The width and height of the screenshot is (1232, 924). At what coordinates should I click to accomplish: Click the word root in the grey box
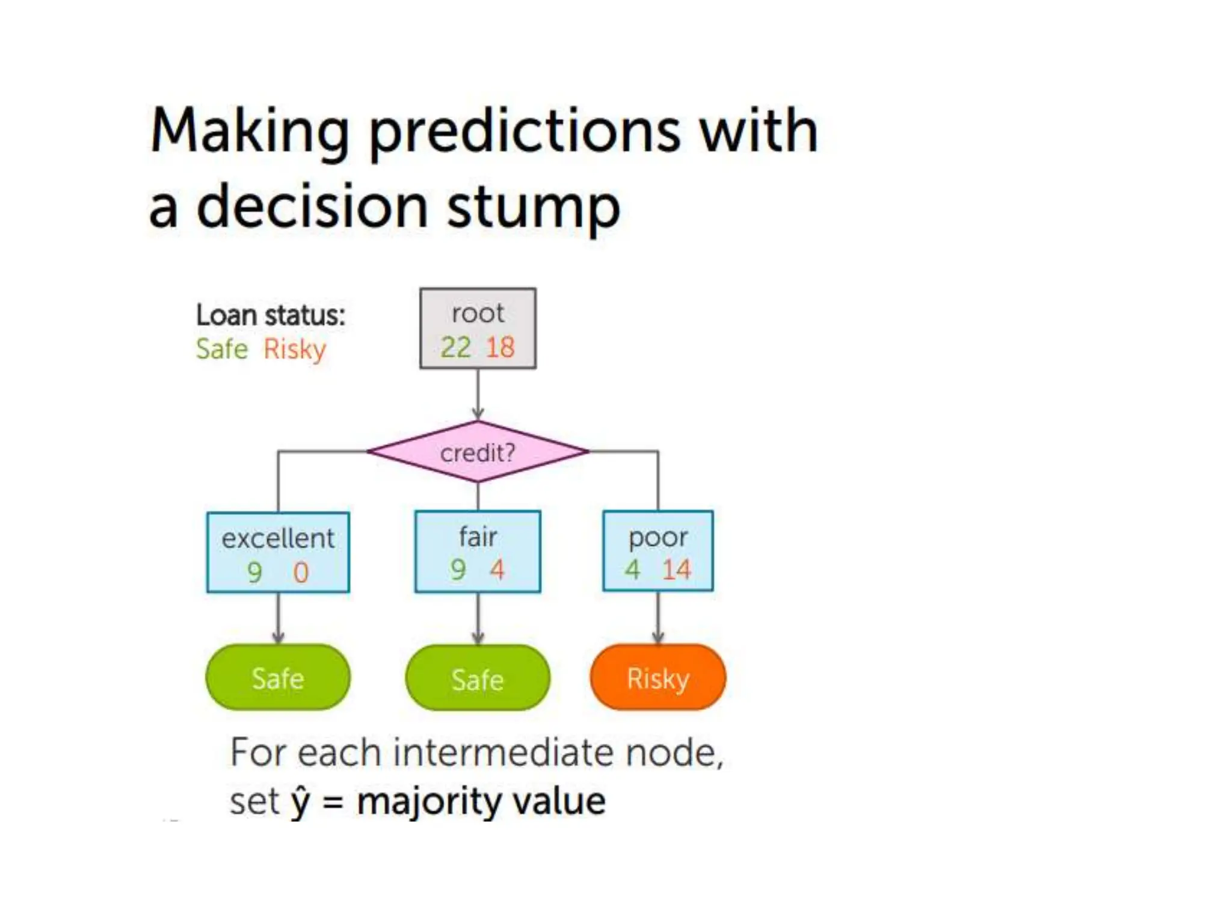pos(478,313)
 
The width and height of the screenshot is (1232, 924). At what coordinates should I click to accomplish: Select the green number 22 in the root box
pos(455,348)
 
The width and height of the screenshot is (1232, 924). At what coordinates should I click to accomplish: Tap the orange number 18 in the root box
pos(500,348)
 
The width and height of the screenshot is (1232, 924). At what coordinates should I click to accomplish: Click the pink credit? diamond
pos(478,452)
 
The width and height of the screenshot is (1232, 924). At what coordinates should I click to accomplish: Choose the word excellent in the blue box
pos(278,538)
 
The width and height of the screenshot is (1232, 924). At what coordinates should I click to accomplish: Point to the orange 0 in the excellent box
pos(301,572)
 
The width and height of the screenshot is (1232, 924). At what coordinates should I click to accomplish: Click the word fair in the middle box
pos(478,537)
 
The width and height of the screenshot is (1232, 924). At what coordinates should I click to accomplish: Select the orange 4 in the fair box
pos(497,569)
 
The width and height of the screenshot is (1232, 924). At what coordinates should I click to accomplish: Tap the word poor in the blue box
pos(658,537)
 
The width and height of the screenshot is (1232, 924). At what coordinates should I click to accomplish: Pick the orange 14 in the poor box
pos(677,569)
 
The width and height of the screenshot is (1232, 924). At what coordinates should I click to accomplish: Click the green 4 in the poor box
pos(632,569)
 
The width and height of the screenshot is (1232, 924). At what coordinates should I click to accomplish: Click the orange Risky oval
pos(658,678)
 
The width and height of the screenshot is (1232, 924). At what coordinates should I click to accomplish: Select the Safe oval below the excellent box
pos(278,678)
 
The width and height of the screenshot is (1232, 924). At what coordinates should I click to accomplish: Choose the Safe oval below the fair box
pos(478,679)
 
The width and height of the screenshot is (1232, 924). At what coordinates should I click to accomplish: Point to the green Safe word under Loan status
pos(222,349)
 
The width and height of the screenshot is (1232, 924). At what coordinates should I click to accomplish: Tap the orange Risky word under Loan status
pos(295,349)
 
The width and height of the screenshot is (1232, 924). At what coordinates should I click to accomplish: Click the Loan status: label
pos(271,315)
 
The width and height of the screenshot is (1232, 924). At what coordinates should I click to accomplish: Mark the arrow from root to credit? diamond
pos(478,394)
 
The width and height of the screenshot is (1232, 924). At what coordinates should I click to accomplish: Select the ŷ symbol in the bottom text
pos(301,802)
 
